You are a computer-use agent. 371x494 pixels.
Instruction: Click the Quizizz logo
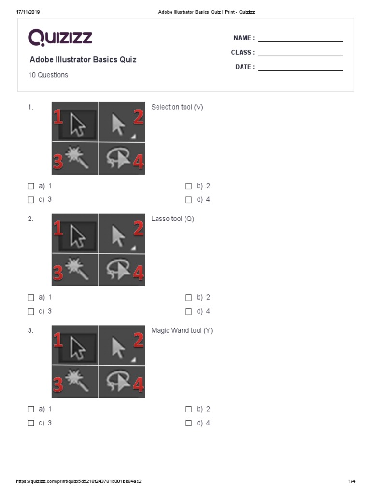[x=60, y=38]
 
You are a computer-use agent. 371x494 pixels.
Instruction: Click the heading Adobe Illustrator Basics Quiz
[x=83, y=60]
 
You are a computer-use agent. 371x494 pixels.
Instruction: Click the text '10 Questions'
[x=48, y=75]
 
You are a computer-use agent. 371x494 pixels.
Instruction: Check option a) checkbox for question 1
[x=31, y=186]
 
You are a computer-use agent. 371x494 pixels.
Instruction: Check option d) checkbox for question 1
[x=189, y=200]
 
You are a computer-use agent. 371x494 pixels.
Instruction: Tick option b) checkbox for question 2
[x=189, y=298]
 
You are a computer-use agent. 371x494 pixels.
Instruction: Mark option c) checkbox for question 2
[x=31, y=312]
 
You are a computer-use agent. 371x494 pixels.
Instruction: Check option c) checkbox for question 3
[x=31, y=423]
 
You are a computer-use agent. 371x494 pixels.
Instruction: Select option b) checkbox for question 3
[x=189, y=409]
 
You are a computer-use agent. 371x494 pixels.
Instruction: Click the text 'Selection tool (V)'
[x=177, y=107]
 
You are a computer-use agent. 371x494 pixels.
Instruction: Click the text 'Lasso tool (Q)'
[x=173, y=219]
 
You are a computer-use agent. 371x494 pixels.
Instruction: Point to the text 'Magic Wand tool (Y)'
[x=182, y=331]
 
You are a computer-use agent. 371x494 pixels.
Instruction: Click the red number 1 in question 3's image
[x=58, y=342]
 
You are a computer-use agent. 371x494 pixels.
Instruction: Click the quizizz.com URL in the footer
[x=79, y=481]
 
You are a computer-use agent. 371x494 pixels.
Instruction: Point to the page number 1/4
[x=352, y=481]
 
